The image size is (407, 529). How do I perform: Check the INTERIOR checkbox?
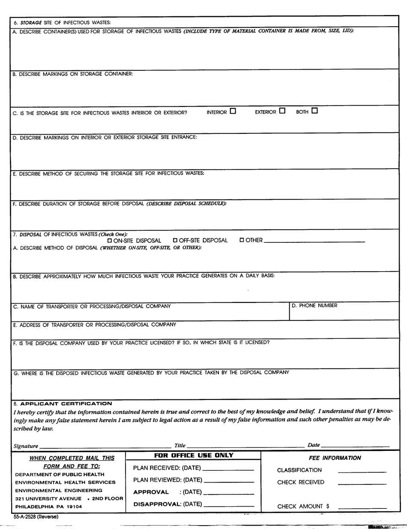(x=233, y=111)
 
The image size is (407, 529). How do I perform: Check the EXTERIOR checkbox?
(x=282, y=111)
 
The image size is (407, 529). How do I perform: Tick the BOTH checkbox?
(x=314, y=111)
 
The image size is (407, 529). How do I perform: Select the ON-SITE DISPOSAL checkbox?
(x=110, y=240)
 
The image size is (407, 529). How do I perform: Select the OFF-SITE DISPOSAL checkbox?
(x=175, y=240)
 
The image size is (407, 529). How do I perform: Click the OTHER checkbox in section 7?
(x=242, y=240)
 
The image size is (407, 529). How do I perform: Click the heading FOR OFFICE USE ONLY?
(x=194, y=455)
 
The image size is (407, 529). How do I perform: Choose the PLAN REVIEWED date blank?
(x=230, y=481)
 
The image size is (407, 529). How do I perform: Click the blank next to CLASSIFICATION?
(x=362, y=472)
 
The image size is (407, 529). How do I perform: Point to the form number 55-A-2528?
(x=36, y=517)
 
